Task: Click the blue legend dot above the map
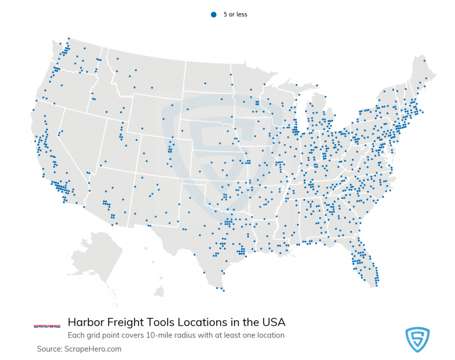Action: pyautogui.click(x=213, y=14)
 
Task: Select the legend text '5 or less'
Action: pyautogui.click(x=235, y=14)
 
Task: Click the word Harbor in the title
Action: pyautogui.click(x=86, y=323)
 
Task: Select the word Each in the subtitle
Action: pyautogui.click(x=75, y=336)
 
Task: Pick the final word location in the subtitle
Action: pyautogui.click(x=270, y=336)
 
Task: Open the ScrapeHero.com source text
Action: pyautogui.click(x=94, y=349)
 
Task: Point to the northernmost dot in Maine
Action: pyautogui.click(x=424, y=60)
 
